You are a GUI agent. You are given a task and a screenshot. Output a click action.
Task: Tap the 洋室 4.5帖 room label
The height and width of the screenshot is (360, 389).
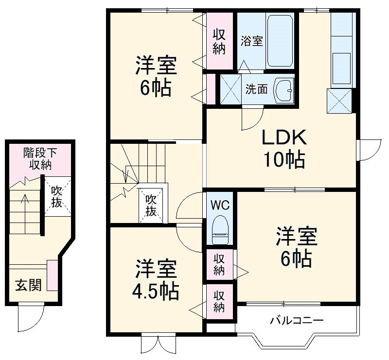[x=156, y=279]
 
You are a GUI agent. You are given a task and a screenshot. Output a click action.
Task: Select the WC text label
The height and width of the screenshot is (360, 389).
[x=220, y=206]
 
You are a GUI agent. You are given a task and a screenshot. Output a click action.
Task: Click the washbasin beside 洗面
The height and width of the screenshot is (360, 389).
[x=283, y=90]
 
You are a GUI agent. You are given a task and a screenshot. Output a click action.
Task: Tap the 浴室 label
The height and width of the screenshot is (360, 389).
[x=252, y=41]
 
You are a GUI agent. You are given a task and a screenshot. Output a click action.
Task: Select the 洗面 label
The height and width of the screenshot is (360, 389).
[x=257, y=89]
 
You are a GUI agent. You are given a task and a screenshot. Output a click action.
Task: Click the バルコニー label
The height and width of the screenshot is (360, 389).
[x=297, y=321]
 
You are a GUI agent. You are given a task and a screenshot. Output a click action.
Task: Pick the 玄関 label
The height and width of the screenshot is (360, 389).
[x=28, y=285]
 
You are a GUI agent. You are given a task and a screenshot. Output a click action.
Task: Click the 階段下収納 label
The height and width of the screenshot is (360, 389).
[x=40, y=159]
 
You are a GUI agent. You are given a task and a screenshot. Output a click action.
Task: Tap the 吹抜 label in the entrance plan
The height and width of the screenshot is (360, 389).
[x=57, y=197]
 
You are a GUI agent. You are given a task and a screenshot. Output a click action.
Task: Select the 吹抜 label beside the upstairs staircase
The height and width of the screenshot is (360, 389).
[x=151, y=206]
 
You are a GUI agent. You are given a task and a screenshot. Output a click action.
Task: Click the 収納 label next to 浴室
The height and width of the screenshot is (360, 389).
[x=219, y=41]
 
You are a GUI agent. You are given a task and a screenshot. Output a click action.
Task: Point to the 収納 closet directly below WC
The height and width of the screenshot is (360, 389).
[x=219, y=265]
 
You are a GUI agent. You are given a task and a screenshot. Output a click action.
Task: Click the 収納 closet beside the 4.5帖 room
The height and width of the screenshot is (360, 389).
[x=219, y=302]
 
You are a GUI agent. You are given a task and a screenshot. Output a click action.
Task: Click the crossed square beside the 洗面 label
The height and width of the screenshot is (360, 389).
[x=230, y=89]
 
